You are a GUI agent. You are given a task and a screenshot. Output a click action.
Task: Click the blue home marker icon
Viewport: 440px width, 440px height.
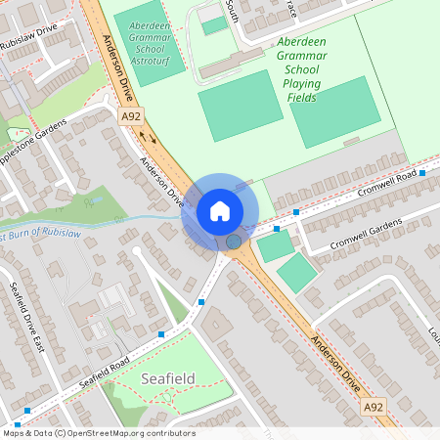click(220, 211)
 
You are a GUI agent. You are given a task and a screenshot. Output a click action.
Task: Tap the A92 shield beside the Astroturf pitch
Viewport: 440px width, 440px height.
click(131, 116)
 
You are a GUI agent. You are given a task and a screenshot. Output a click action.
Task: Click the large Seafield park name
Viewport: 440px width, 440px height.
click(169, 377)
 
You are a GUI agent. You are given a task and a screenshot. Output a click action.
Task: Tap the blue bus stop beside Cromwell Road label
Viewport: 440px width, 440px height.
click(422, 172)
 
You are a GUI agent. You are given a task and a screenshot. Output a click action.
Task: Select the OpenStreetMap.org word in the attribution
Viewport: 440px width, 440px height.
click(107, 433)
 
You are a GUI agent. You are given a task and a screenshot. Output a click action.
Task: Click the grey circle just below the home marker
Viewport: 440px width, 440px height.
click(234, 241)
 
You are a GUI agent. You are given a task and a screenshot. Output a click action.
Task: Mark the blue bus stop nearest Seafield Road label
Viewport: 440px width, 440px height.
click(161, 334)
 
